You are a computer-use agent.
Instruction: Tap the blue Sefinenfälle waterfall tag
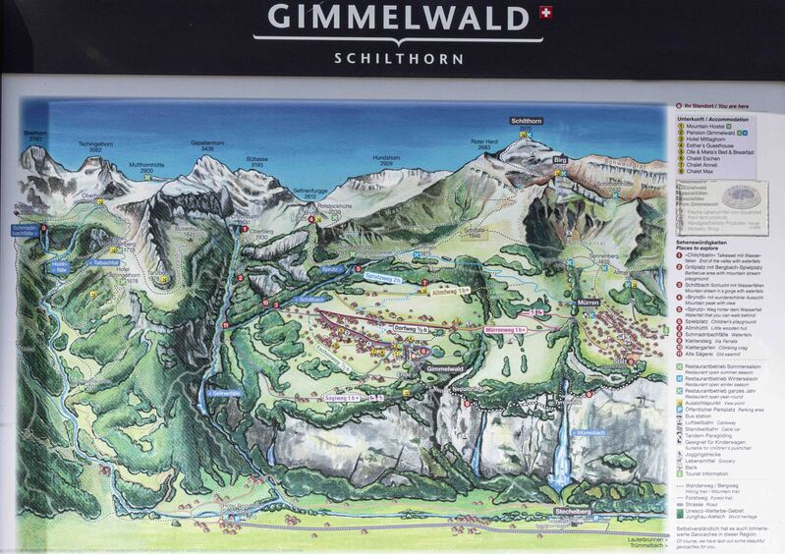[223, 393]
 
